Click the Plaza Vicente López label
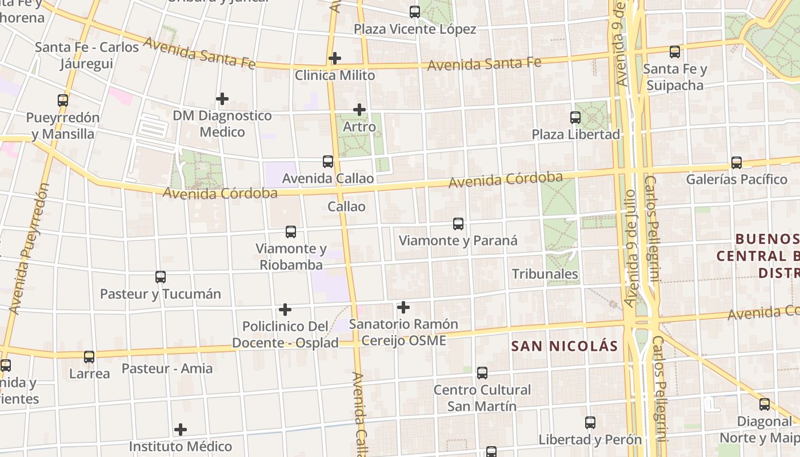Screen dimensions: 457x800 coord(415,29)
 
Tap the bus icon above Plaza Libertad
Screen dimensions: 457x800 coord(575,118)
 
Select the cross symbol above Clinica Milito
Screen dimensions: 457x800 coord(335,58)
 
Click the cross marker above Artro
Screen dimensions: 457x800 coord(359,110)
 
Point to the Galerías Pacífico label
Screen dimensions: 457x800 coord(737,179)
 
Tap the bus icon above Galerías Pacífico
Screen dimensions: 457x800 coord(737,163)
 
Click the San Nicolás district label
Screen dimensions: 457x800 coord(565,346)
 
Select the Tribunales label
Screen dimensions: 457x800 coord(545,274)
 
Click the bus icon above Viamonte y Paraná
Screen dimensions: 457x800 coord(458,224)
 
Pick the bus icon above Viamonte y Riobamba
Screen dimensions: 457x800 coord(291,232)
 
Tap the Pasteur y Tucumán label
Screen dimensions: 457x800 coord(161,294)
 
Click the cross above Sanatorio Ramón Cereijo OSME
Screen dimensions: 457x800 coord(403,308)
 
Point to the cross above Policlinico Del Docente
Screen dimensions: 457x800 coord(285,310)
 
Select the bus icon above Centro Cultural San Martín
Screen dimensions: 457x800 coord(482,373)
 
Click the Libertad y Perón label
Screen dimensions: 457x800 coord(590,440)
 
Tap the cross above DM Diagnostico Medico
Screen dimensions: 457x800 coord(222,99)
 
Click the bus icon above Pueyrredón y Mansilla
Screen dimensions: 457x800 coord(63,101)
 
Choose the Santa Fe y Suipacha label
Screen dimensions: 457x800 coord(675,77)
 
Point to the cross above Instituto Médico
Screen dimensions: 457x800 coord(181,430)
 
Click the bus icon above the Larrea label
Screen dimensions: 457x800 coord(89,357)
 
